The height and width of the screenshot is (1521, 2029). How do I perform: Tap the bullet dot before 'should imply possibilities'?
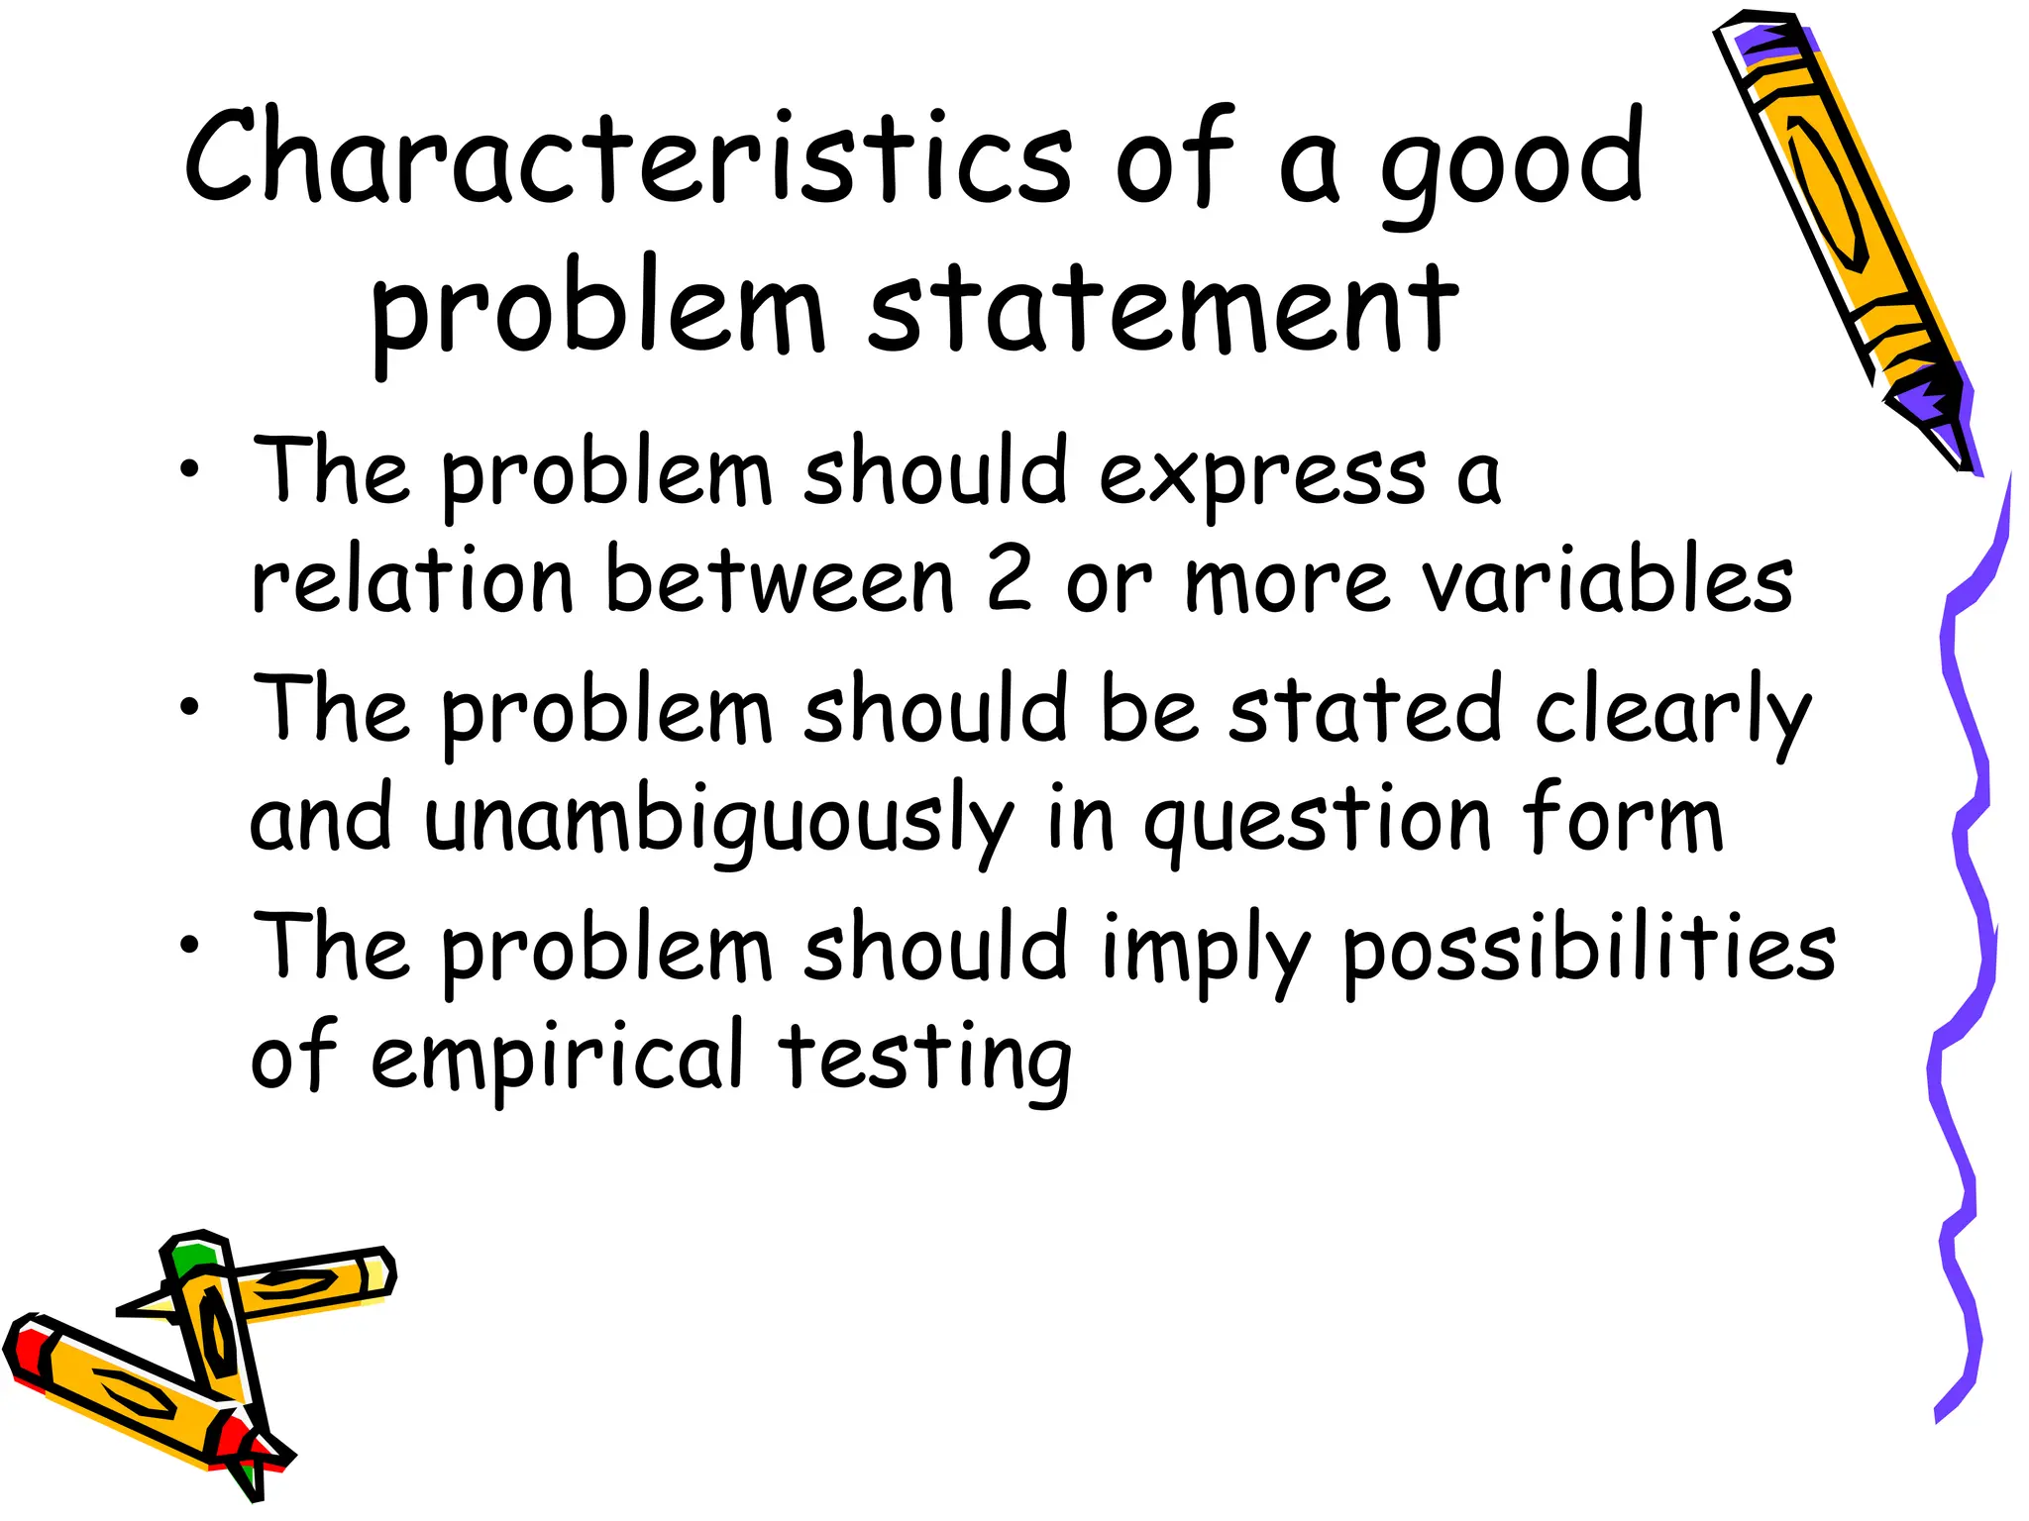[189, 945]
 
